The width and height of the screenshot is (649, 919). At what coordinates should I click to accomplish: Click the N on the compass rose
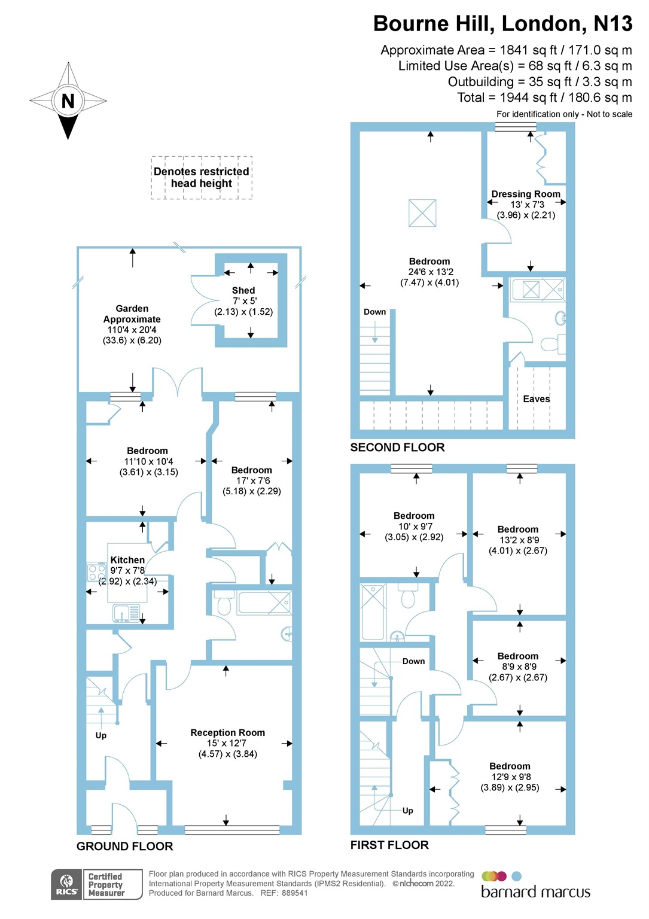(x=68, y=101)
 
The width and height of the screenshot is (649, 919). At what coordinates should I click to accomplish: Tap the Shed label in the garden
(x=243, y=290)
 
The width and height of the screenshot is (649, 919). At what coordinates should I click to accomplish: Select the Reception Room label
(x=227, y=732)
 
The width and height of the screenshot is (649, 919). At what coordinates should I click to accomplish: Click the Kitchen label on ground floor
(x=127, y=560)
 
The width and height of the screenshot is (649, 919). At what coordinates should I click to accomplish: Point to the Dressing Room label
(x=525, y=194)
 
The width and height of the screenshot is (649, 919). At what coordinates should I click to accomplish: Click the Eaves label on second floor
(x=536, y=399)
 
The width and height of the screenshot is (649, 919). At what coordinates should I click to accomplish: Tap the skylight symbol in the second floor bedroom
(x=422, y=213)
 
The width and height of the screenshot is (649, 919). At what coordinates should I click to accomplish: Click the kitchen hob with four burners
(x=97, y=573)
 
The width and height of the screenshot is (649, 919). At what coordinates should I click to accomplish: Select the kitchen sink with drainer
(x=126, y=613)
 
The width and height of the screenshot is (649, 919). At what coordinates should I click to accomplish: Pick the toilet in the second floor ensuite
(x=550, y=344)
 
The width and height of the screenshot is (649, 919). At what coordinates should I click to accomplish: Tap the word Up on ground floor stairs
(x=101, y=735)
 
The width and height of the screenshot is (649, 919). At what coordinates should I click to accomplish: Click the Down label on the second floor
(x=374, y=312)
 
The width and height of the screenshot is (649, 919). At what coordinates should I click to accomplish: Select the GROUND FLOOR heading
(x=124, y=846)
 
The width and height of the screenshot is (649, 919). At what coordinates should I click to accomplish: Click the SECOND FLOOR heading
(x=397, y=448)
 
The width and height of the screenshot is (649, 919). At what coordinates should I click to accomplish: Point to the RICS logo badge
(x=67, y=884)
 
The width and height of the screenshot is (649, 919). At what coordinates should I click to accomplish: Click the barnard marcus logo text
(x=535, y=892)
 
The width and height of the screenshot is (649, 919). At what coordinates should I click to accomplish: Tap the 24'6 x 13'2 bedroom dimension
(x=429, y=272)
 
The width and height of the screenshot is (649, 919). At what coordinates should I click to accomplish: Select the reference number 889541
(x=294, y=893)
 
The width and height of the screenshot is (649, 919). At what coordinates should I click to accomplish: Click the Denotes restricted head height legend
(x=202, y=178)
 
